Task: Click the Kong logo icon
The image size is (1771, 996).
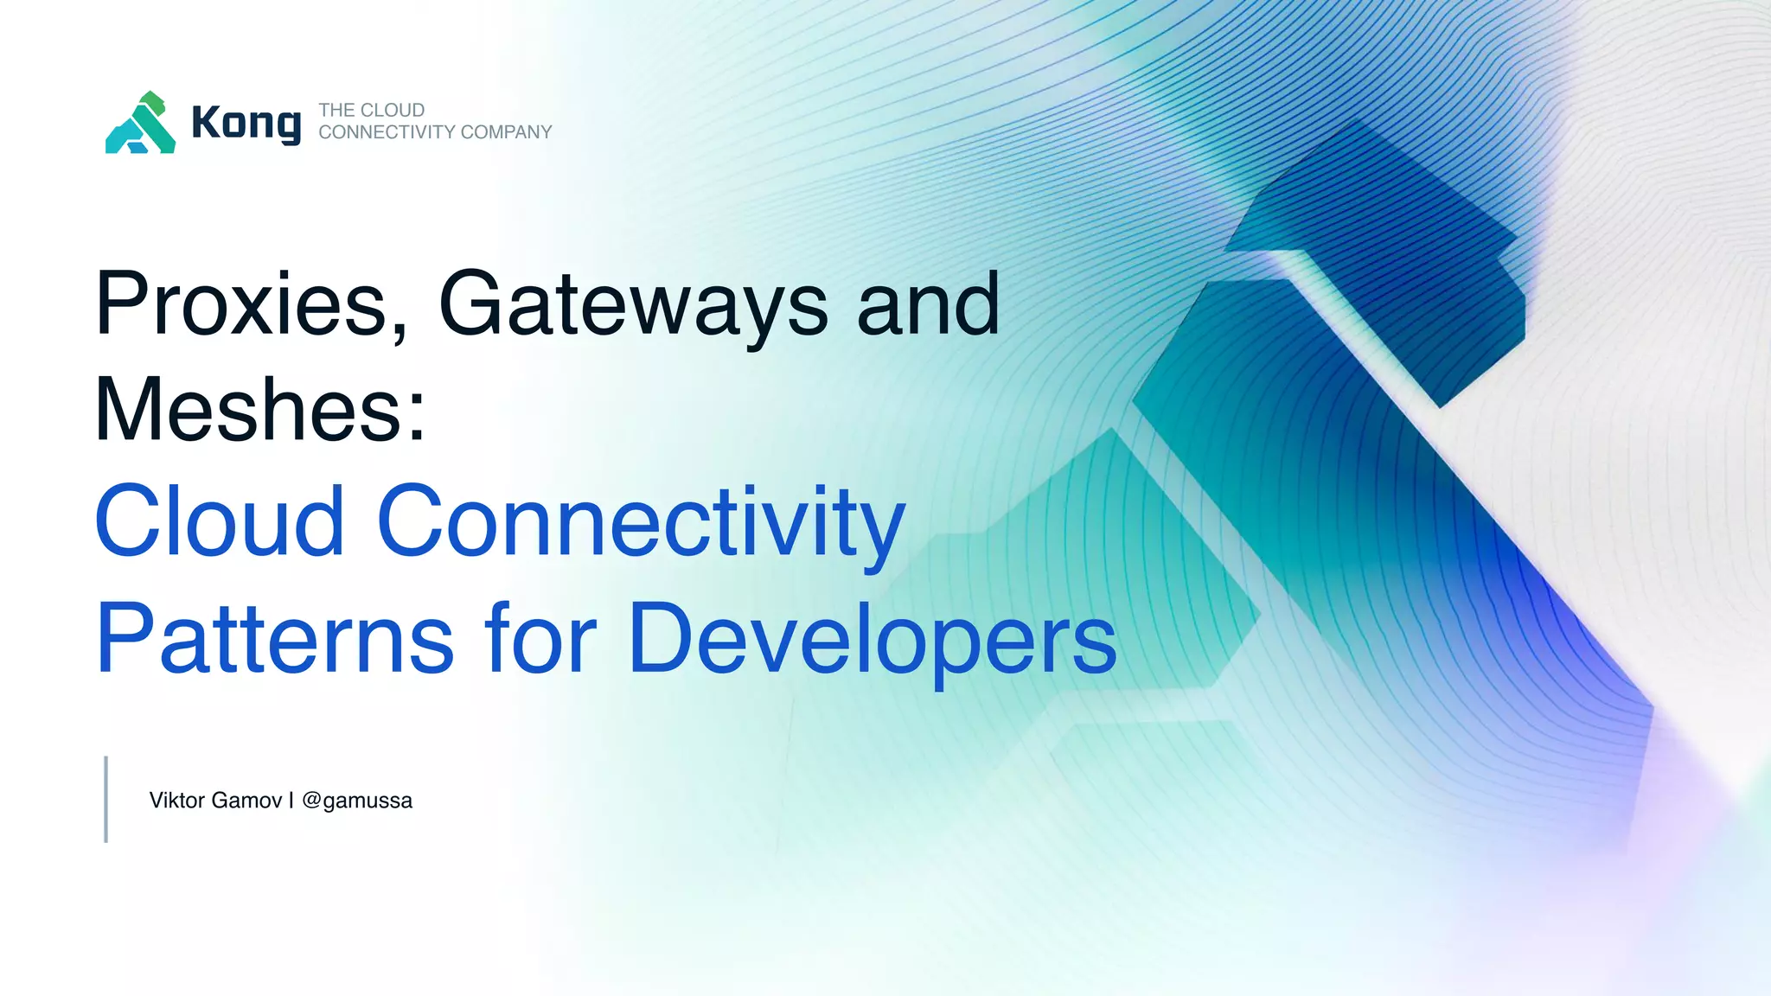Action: pyautogui.click(x=141, y=123)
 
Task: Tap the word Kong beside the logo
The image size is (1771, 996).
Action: pyautogui.click(x=246, y=123)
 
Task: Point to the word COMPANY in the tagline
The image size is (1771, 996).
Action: pyautogui.click(x=506, y=132)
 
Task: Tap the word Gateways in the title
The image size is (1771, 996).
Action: pyautogui.click(x=633, y=304)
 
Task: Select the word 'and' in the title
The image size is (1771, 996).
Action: pyautogui.click(x=928, y=304)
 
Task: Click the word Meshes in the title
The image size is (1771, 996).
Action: pyautogui.click(x=247, y=410)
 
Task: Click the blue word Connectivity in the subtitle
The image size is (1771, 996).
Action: pyautogui.click(x=641, y=520)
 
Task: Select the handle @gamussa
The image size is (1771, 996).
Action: pyautogui.click(x=357, y=801)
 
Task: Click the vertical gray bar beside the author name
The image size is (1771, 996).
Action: pyautogui.click(x=105, y=799)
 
